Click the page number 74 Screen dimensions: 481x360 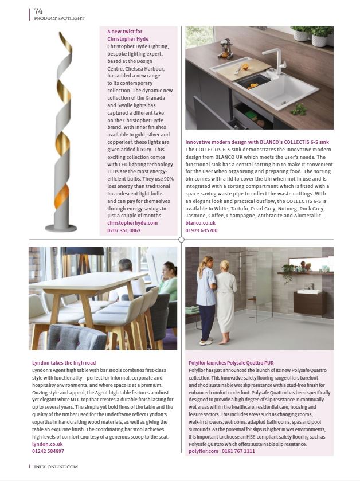(38, 10)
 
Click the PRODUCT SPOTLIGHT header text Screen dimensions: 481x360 (59, 18)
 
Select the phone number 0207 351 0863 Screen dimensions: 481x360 (124, 230)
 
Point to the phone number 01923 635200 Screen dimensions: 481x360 (202, 230)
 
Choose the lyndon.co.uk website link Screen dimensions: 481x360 (48, 444)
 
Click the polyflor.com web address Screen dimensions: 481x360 (204, 451)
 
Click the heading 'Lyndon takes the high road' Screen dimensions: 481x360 (64, 362)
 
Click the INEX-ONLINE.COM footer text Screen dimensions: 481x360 (56, 466)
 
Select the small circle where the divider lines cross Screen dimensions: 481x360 (181, 239)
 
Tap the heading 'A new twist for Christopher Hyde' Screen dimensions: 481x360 (129, 35)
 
